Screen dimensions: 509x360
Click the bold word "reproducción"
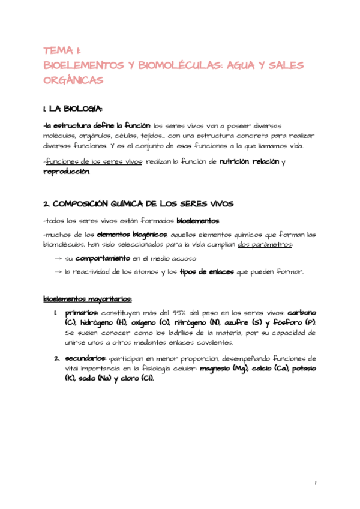[67, 172]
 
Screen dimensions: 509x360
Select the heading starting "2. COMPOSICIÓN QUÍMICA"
[139, 204]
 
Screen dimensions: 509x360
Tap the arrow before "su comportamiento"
[57, 258]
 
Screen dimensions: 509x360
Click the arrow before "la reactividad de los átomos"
[57, 272]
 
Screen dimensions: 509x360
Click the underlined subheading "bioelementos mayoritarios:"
[88, 299]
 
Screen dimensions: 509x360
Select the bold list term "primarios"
[82, 313]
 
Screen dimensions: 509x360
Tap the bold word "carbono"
[302, 313]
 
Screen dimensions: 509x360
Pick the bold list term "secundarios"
[86, 358]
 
